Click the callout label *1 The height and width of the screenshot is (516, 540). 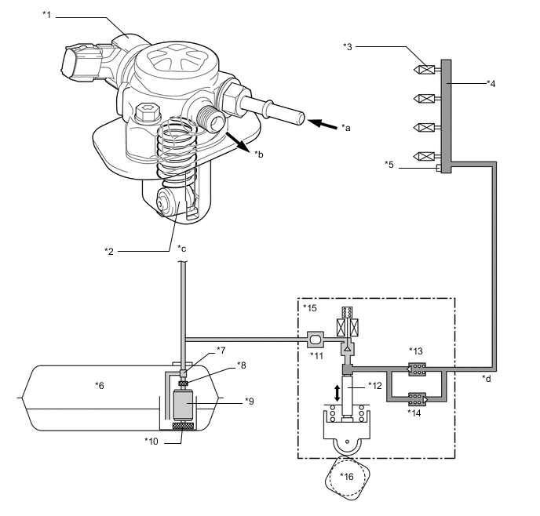[46, 14]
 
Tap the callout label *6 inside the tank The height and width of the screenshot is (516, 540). [99, 385]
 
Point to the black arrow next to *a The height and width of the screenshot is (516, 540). [321, 122]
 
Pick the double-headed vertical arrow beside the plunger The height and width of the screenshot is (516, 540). [337, 393]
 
